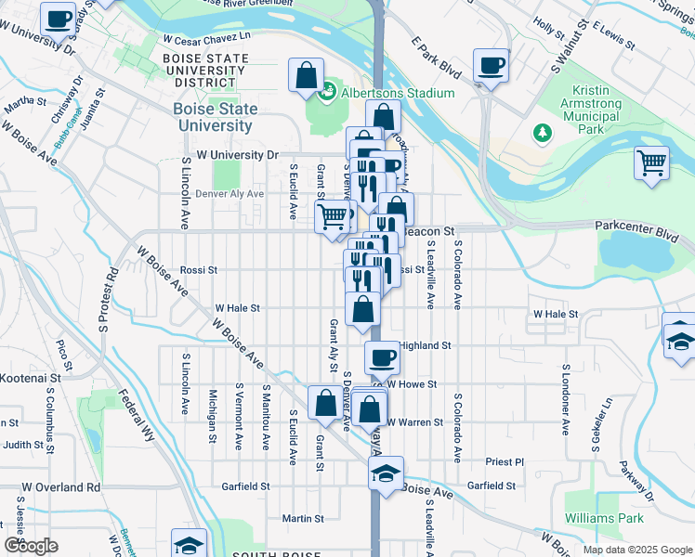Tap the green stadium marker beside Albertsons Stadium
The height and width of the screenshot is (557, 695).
click(326, 92)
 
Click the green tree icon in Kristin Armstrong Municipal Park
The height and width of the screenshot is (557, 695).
click(543, 133)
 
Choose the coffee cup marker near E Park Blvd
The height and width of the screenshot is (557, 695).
click(491, 66)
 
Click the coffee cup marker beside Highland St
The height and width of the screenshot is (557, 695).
click(381, 356)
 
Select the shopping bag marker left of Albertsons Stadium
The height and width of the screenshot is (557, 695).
click(306, 77)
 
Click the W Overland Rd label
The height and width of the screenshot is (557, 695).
click(61, 486)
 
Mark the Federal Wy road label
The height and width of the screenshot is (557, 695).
click(137, 414)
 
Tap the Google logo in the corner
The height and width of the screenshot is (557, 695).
click(31, 546)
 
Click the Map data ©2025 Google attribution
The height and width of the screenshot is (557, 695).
click(636, 550)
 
